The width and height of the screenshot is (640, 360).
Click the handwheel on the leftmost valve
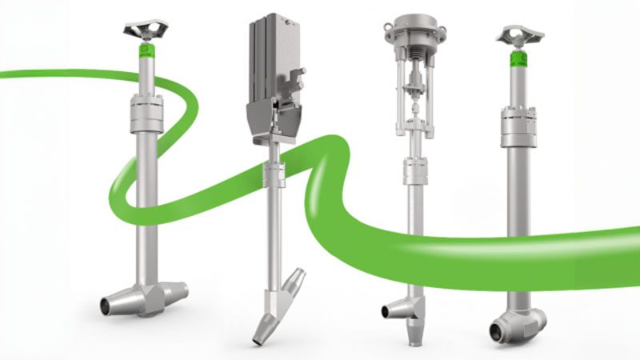tap(145, 30)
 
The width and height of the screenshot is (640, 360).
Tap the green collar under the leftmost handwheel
tap(145, 52)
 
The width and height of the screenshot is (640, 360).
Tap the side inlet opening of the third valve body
tap(389, 310)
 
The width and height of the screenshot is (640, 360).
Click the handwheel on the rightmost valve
tap(519, 34)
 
